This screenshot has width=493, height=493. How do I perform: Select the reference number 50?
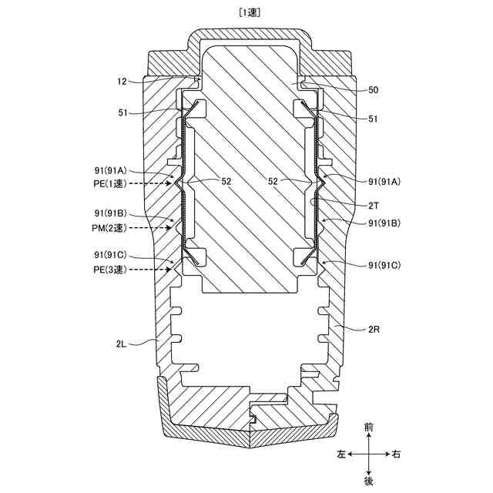point(373,90)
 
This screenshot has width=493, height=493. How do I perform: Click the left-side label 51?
point(124,113)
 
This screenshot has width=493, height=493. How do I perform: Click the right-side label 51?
point(373,119)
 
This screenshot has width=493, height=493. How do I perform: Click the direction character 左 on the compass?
point(341,454)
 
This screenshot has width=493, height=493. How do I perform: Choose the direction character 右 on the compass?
point(397,454)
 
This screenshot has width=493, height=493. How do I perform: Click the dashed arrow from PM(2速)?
point(154,229)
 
